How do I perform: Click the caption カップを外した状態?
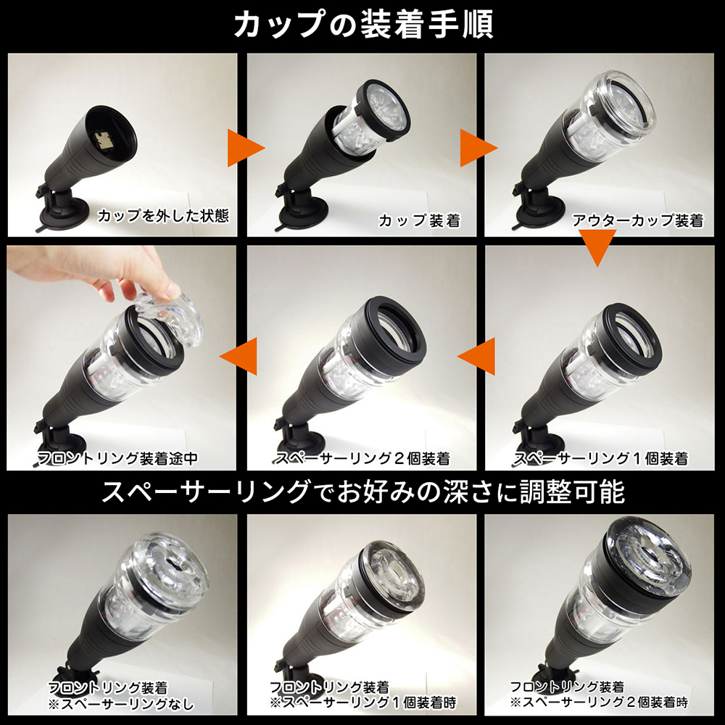[x=163, y=215]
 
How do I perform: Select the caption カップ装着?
[x=419, y=220]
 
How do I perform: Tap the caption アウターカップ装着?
[x=637, y=220]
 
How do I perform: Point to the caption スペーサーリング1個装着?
[x=601, y=458]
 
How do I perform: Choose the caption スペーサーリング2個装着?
[x=362, y=458]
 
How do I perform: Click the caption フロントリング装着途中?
[x=117, y=458]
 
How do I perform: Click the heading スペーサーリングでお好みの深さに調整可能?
[x=363, y=492]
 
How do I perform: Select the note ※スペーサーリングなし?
[x=121, y=704]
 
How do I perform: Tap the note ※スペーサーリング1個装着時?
[x=363, y=703]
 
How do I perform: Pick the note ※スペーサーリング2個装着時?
[x=600, y=702]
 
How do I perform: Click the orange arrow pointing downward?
[x=597, y=248]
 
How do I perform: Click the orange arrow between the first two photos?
[x=246, y=148]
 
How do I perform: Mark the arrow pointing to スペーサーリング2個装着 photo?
[x=476, y=356]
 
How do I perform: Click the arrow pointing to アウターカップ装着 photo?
[x=478, y=148]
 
